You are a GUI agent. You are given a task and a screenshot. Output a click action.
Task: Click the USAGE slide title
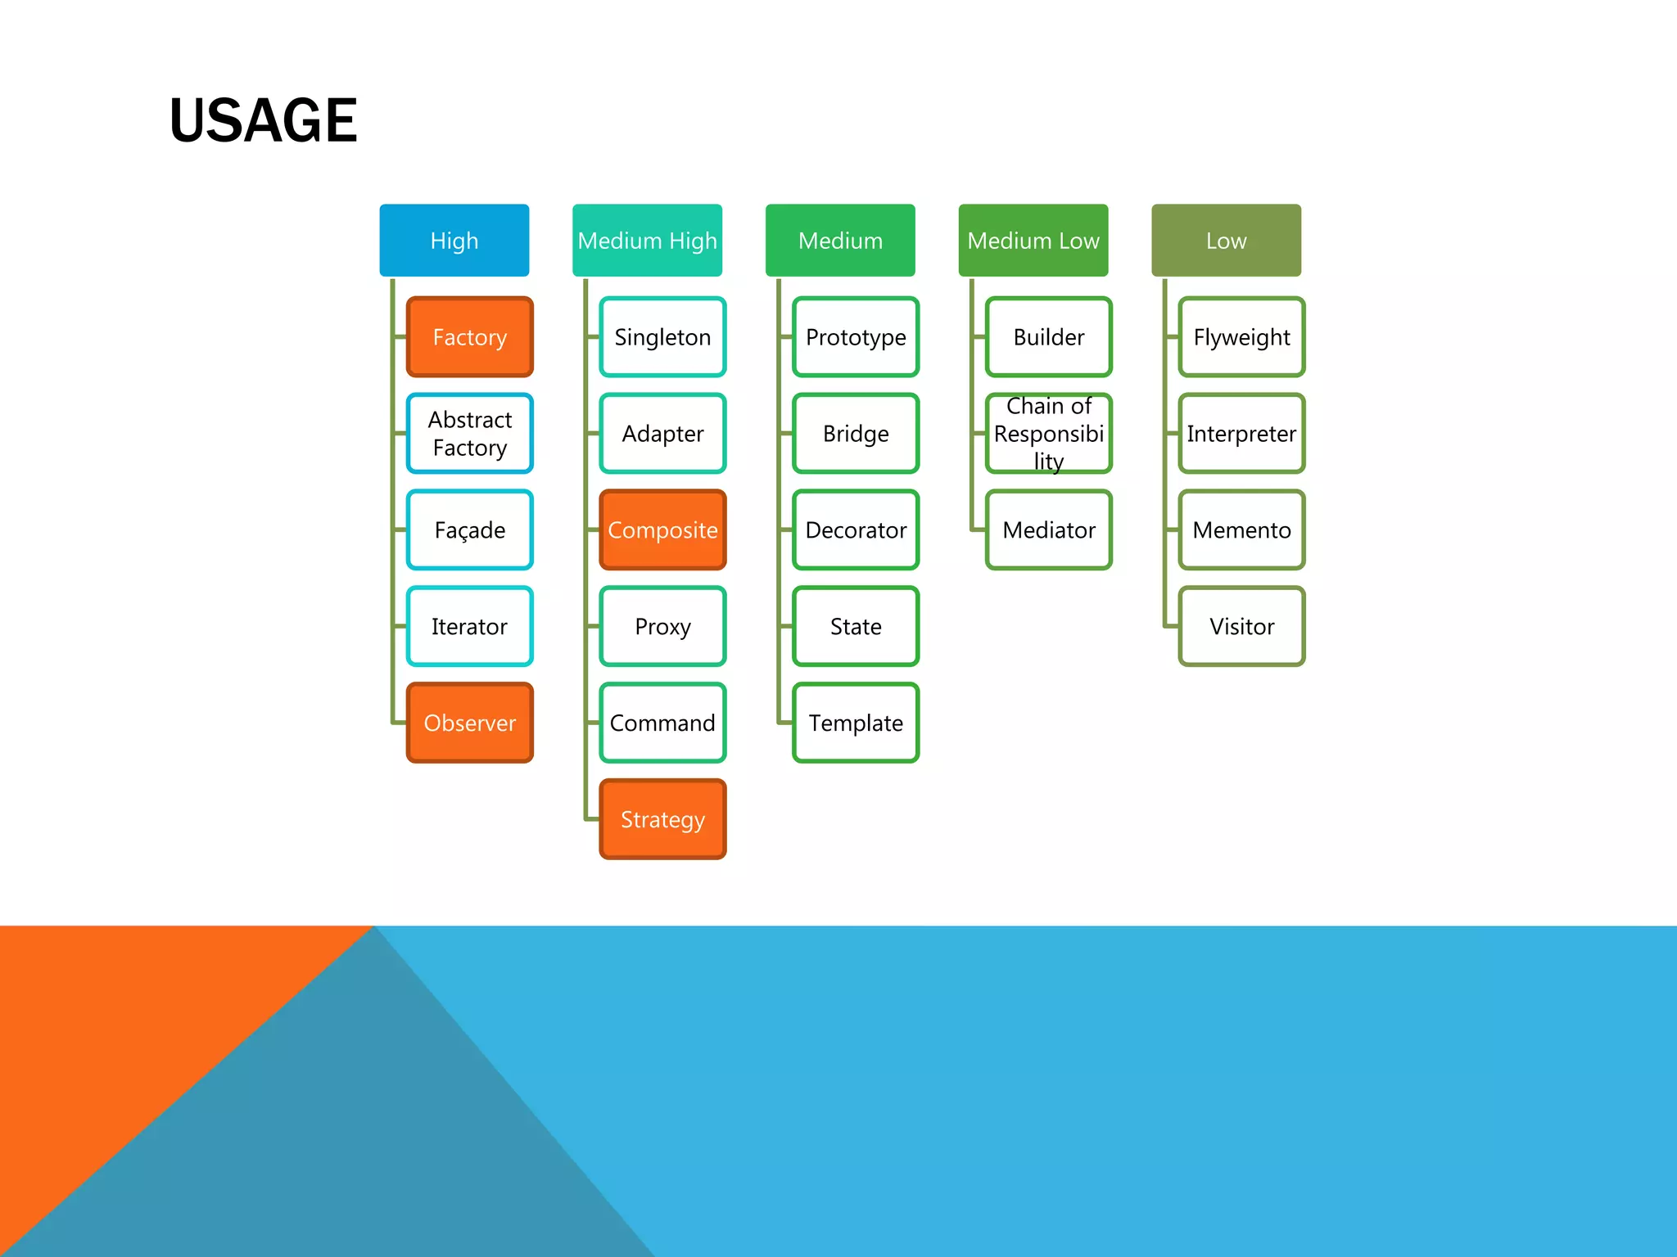coord(263,120)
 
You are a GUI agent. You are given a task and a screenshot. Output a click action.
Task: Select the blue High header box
coord(454,241)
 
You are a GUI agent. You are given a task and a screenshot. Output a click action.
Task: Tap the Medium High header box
coord(647,241)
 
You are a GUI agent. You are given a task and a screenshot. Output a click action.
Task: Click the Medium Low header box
coord(1033,241)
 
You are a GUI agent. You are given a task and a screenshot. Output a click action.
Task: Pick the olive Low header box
coord(1226,241)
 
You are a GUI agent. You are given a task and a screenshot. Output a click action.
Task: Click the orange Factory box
coord(469,337)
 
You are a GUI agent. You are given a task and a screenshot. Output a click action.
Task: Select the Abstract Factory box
coord(469,434)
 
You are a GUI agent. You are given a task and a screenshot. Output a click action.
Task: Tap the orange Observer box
coord(469,723)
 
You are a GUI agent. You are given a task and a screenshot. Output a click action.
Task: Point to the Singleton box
coord(662,337)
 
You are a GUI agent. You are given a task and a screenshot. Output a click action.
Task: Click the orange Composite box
coord(662,530)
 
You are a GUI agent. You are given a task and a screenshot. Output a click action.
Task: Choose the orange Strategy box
coord(662,819)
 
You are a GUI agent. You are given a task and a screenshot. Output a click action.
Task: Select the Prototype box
coord(856,337)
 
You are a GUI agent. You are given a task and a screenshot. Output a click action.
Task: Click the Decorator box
coord(856,530)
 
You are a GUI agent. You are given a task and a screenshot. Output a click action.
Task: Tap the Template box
coord(856,723)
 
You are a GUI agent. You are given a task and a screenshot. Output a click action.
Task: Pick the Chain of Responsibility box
coord(1048,434)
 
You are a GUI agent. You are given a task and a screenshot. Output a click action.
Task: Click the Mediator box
coord(1048,530)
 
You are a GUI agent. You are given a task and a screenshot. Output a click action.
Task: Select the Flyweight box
coord(1241,337)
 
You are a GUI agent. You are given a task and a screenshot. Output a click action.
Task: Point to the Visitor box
coord(1241,627)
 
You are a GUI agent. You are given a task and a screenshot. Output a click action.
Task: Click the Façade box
coord(469,530)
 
